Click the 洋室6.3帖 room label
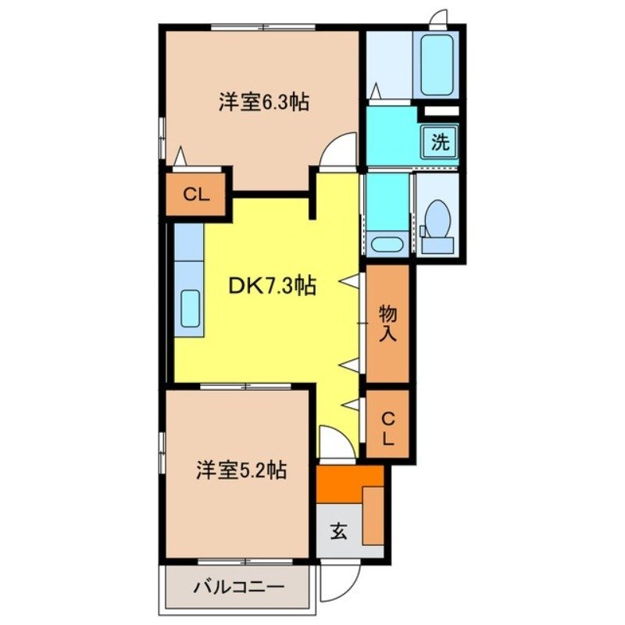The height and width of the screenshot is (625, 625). point(262,102)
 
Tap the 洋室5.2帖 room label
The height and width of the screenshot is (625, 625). point(241,470)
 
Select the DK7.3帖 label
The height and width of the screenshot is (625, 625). point(272,287)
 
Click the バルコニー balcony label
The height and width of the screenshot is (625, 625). point(239,587)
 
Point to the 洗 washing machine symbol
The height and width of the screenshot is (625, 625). point(441,142)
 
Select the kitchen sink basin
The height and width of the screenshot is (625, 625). point(190,310)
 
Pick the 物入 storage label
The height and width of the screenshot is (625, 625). point(388,323)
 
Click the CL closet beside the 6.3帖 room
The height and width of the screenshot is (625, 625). point(197,195)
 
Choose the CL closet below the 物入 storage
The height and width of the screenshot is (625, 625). point(387,428)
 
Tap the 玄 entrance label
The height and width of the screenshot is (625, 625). point(339,531)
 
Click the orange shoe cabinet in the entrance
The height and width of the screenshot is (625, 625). point(373,514)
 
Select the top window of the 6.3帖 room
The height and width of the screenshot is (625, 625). point(262,27)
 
